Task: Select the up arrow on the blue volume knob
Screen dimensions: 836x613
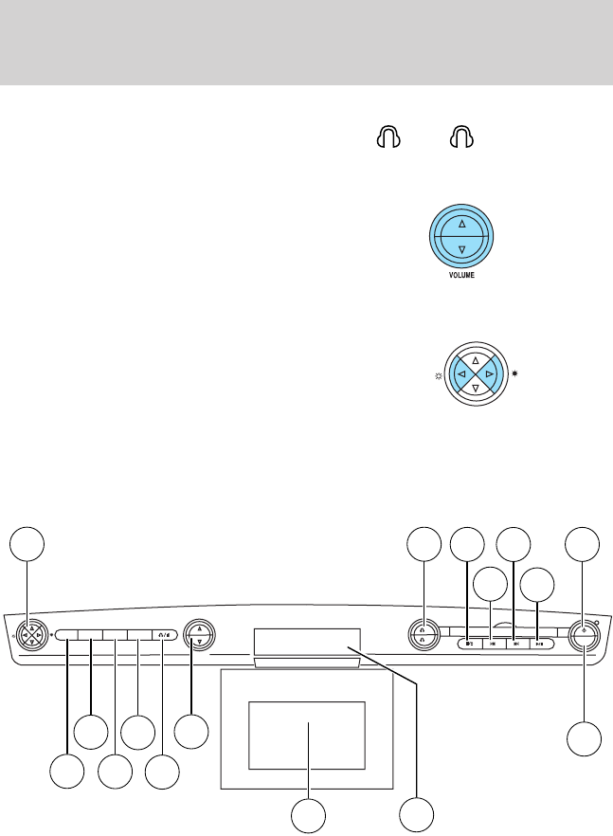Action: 461,225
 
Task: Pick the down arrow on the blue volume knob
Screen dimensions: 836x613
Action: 461,249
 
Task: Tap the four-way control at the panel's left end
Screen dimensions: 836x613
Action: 30,633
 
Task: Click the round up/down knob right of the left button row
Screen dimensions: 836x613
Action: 198,633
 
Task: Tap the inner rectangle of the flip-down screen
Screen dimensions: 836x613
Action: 307,736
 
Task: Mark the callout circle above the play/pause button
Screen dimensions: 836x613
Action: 538,584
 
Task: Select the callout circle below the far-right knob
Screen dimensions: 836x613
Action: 585,739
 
